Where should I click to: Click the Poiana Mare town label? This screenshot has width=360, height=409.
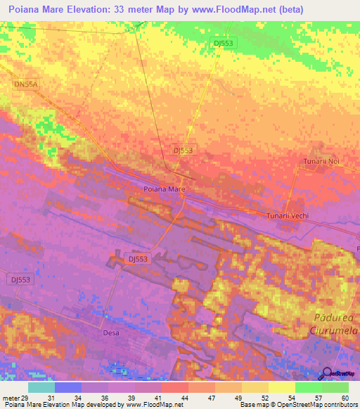click(164, 190)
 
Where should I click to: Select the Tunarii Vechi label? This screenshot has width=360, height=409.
click(288, 216)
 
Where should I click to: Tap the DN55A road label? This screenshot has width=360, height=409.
click(25, 84)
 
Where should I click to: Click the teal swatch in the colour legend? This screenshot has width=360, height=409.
click(41, 387)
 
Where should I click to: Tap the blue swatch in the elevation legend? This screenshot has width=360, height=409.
click(68, 387)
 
